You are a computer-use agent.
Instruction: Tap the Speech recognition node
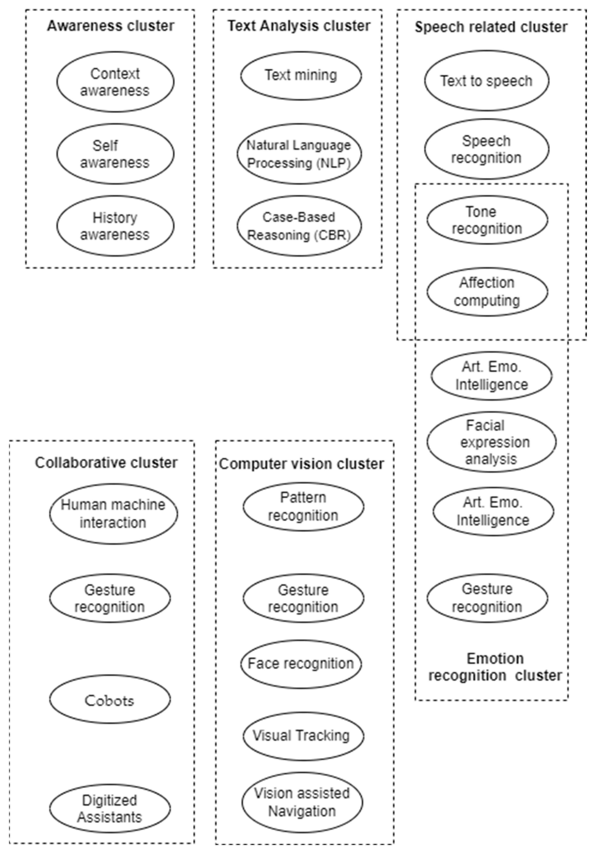coord(486,149)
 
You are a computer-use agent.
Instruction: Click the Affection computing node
coord(487,292)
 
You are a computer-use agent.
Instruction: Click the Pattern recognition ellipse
coord(303,506)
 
